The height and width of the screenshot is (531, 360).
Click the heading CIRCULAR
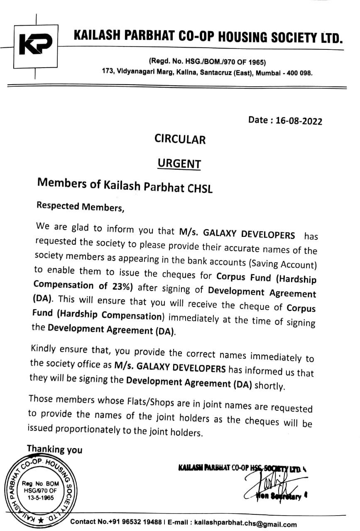pyautogui.click(x=180, y=139)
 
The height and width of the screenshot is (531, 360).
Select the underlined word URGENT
pyautogui.click(x=179, y=163)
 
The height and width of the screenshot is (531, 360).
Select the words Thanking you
pyautogui.click(x=54, y=449)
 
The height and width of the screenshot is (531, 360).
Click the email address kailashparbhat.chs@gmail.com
pyautogui.click(x=245, y=524)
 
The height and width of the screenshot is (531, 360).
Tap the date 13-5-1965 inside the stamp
pyautogui.click(x=41, y=497)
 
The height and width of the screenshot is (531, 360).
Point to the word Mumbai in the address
pyautogui.click(x=267, y=73)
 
